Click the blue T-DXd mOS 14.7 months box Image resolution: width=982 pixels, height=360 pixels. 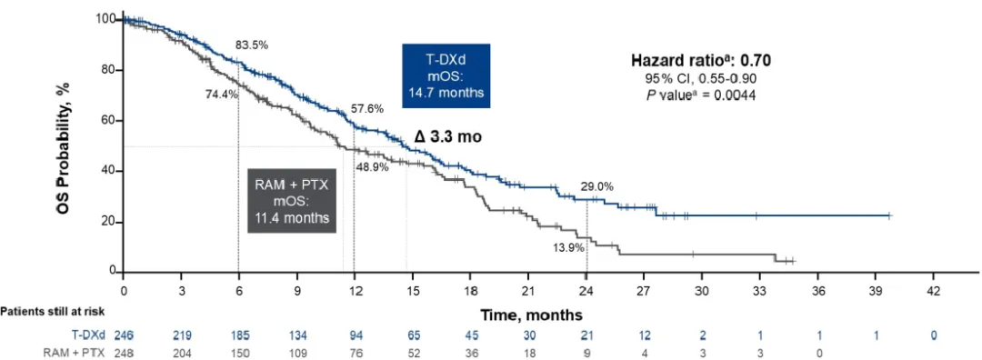click(x=446, y=75)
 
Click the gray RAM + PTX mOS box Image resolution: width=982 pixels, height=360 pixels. click(x=292, y=200)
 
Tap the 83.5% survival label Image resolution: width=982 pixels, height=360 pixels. click(x=252, y=45)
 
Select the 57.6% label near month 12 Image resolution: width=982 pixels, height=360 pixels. click(x=367, y=109)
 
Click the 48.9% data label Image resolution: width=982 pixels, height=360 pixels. click(x=373, y=167)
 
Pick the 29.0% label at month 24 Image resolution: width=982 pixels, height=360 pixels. click(x=596, y=186)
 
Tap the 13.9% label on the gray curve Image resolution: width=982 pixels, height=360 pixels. click(x=568, y=247)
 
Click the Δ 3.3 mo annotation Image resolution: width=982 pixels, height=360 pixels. click(x=448, y=138)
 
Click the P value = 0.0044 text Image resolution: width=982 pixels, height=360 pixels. click(x=700, y=95)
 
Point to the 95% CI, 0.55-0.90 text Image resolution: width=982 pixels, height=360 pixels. click(x=700, y=79)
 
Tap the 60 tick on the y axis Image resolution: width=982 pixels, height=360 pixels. click(x=110, y=121)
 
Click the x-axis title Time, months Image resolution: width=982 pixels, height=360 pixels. click(x=532, y=313)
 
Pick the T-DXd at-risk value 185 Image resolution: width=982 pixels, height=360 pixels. click(x=238, y=335)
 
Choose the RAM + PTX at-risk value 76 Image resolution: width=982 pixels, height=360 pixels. click(x=355, y=351)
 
